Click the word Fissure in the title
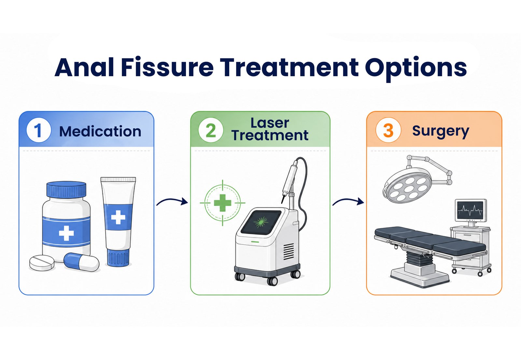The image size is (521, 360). (167, 67)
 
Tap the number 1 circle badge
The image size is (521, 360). (38, 130)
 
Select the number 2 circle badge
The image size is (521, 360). (211, 130)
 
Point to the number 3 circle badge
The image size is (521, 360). (388, 130)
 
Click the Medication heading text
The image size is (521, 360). (100, 131)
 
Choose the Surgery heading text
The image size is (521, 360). (441, 132)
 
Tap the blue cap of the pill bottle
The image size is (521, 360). (66, 189)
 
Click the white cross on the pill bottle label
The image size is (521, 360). (66, 233)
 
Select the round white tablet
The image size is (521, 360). (42, 263)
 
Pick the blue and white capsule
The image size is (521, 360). (81, 262)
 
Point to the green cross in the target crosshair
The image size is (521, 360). (222, 203)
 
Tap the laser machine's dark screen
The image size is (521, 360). (261, 222)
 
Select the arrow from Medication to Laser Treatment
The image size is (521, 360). (172, 202)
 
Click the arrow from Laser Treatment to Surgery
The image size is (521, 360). (348, 202)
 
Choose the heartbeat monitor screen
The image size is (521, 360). (471, 210)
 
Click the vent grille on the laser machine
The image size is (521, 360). (289, 252)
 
